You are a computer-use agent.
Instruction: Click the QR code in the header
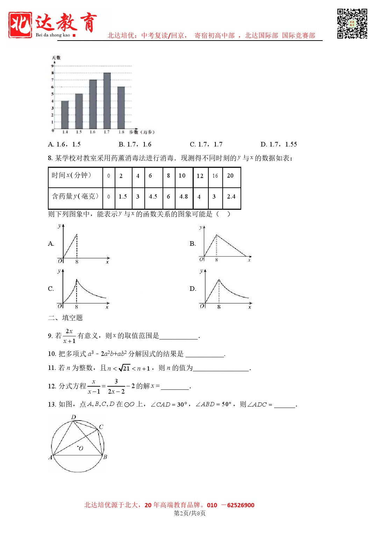click(352, 23)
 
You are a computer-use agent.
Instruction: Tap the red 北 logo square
click(20, 24)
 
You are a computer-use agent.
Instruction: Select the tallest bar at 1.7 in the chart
click(107, 101)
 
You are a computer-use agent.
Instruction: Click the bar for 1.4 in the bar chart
click(65, 115)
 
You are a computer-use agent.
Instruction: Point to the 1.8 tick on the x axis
click(121, 132)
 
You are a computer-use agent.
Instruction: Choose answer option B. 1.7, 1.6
click(135, 144)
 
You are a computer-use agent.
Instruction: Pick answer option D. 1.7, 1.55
click(279, 144)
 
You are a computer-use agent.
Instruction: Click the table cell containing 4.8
click(184, 197)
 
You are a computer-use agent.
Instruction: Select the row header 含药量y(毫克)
click(75, 196)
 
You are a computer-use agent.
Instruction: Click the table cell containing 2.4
click(231, 197)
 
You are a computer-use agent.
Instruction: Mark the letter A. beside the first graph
click(51, 244)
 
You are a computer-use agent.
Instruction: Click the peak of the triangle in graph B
click(217, 235)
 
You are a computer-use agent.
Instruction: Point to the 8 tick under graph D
click(219, 307)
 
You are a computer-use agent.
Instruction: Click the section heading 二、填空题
click(65, 318)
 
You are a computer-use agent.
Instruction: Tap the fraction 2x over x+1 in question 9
click(69, 336)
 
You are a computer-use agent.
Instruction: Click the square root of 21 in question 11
click(124, 368)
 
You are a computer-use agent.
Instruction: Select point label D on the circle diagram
click(73, 417)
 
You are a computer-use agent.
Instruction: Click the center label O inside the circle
click(81, 449)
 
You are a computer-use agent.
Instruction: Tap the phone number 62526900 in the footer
click(241, 505)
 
